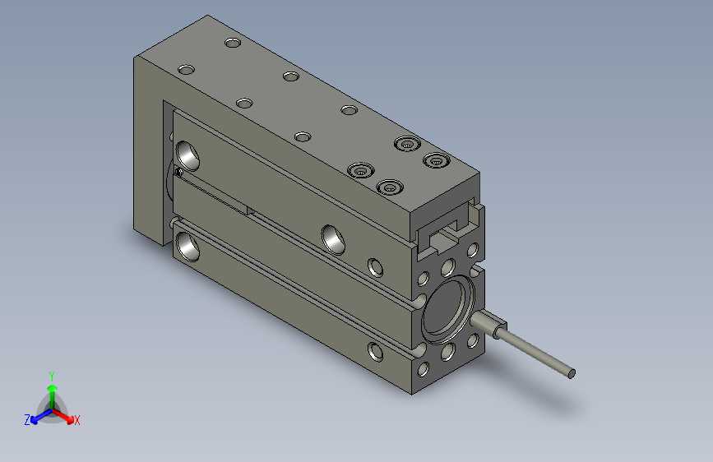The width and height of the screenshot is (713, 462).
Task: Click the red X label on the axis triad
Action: point(77,420)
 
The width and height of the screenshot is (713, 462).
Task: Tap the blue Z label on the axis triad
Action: point(27,420)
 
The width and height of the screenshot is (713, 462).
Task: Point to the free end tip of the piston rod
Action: point(571,375)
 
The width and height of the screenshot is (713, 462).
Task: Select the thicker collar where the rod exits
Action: point(488,326)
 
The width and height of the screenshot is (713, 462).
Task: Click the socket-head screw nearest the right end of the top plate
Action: point(435,160)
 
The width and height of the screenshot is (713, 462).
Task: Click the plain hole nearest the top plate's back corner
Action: point(233,41)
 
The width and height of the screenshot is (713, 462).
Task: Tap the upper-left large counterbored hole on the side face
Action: point(188,153)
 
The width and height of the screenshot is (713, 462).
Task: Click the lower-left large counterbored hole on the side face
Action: point(188,245)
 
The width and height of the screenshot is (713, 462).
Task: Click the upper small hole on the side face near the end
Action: point(375,266)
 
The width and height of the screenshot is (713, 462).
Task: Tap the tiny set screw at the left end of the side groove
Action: point(178,172)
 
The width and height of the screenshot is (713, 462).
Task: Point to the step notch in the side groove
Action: point(249,211)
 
